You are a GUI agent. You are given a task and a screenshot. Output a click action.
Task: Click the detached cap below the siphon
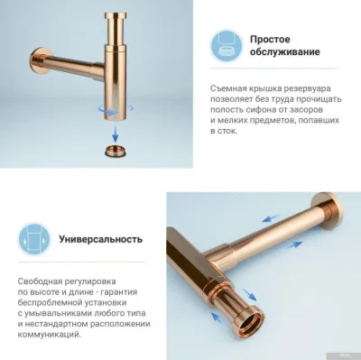coord(116,148)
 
